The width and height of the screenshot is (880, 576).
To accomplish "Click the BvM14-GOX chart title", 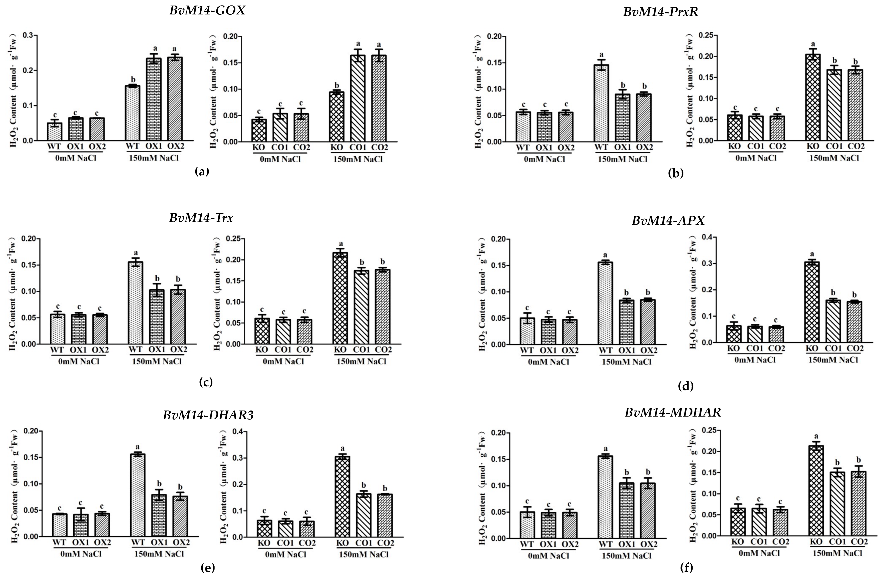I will click(x=207, y=10).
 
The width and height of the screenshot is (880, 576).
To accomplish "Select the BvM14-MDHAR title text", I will click(x=673, y=412).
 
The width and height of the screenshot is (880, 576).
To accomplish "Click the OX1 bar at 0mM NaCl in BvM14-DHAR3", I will click(x=81, y=525).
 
